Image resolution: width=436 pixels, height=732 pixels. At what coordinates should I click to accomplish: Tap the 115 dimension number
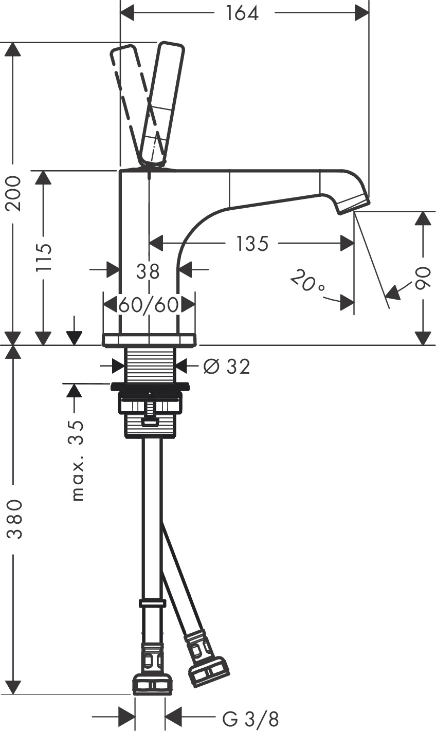pyautogui.click(x=45, y=257)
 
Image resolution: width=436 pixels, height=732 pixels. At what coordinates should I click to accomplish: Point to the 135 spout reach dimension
pyautogui.click(x=252, y=243)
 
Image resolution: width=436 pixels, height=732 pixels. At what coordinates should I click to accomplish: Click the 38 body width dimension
pyautogui.click(x=148, y=271)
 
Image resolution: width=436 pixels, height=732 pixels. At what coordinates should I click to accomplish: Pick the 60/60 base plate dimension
pyautogui.click(x=149, y=305)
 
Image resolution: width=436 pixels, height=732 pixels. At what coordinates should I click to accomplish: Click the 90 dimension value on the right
pyautogui.click(x=423, y=278)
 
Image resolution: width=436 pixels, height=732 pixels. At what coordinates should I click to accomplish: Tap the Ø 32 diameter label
pyautogui.click(x=226, y=367)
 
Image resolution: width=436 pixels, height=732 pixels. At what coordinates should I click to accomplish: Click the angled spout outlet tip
pyautogui.click(x=353, y=205)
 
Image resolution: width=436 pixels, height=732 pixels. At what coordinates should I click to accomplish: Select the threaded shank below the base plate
pyautogui.click(x=151, y=365)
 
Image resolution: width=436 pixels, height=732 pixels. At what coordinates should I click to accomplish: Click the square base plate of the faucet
pyautogui.click(x=149, y=340)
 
